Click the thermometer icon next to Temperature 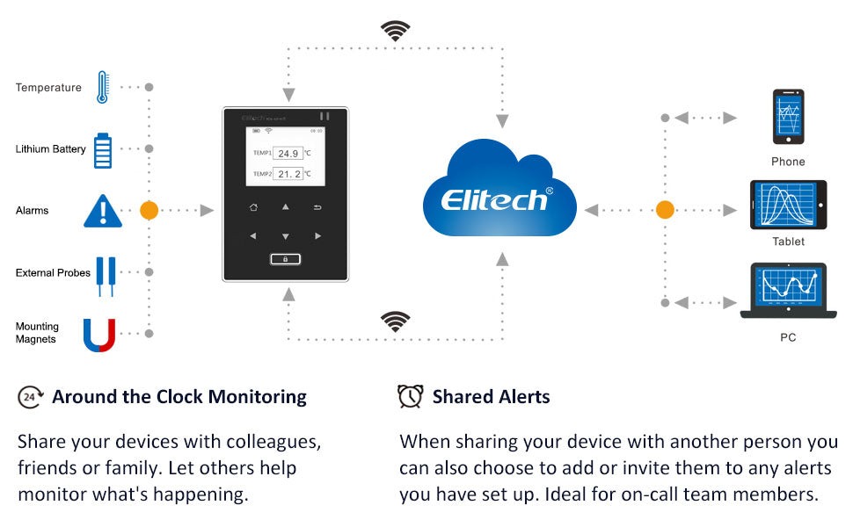point(103,87)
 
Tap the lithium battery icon point(103,150)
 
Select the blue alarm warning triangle point(103,211)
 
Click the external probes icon point(106,276)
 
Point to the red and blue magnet point(99,336)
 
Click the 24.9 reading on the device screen point(288,154)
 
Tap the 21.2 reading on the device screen point(288,174)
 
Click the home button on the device point(253,207)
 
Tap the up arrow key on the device point(286,207)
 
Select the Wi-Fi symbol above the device point(396,31)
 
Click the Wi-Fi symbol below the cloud point(396,321)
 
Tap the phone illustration point(788,117)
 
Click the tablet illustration point(788,205)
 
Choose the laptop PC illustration point(788,290)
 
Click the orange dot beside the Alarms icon point(149,210)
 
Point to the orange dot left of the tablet point(665,210)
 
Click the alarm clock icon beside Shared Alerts point(410,396)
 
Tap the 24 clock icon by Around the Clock point(31,397)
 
